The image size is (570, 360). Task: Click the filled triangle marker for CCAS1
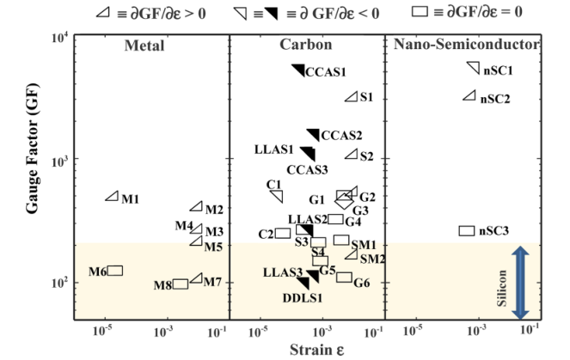(x=299, y=70)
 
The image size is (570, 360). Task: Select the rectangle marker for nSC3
(x=467, y=230)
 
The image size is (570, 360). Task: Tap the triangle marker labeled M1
(x=112, y=197)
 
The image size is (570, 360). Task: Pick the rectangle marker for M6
(x=114, y=271)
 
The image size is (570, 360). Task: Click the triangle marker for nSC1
(x=473, y=68)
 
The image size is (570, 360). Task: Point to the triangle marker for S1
(x=351, y=96)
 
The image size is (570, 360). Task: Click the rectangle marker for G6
(x=344, y=277)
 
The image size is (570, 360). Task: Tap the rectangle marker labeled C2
(x=283, y=233)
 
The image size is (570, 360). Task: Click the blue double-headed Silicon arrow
(x=520, y=283)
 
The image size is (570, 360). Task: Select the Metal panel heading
(x=144, y=46)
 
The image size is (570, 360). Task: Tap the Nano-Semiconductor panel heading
(x=465, y=45)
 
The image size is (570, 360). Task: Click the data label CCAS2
(x=341, y=135)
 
